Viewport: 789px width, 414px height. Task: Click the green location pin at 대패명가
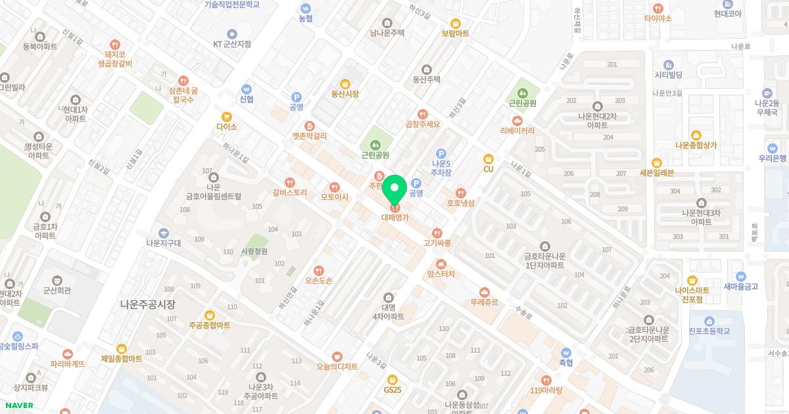[x=395, y=190]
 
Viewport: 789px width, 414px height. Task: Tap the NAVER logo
[x=19, y=405]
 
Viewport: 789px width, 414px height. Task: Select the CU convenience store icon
[x=488, y=158]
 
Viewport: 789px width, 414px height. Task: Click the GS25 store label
[x=393, y=390]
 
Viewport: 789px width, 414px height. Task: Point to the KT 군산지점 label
[x=232, y=44]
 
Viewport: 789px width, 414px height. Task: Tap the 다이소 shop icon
[x=227, y=116]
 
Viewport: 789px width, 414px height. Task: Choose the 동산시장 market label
[x=345, y=94]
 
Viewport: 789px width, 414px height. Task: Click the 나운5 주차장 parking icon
[x=441, y=154]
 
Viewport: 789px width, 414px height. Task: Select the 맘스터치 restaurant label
[x=441, y=274]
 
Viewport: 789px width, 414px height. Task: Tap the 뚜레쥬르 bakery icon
[x=485, y=292]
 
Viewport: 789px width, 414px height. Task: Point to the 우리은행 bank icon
[x=773, y=148]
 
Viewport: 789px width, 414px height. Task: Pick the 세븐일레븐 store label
[x=656, y=173]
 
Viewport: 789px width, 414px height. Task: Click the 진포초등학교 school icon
[x=709, y=321]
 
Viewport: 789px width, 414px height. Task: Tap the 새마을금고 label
[x=741, y=286]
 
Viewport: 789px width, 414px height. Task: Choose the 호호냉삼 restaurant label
[x=461, y=203]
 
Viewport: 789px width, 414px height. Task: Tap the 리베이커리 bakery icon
[x=517, y=121]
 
